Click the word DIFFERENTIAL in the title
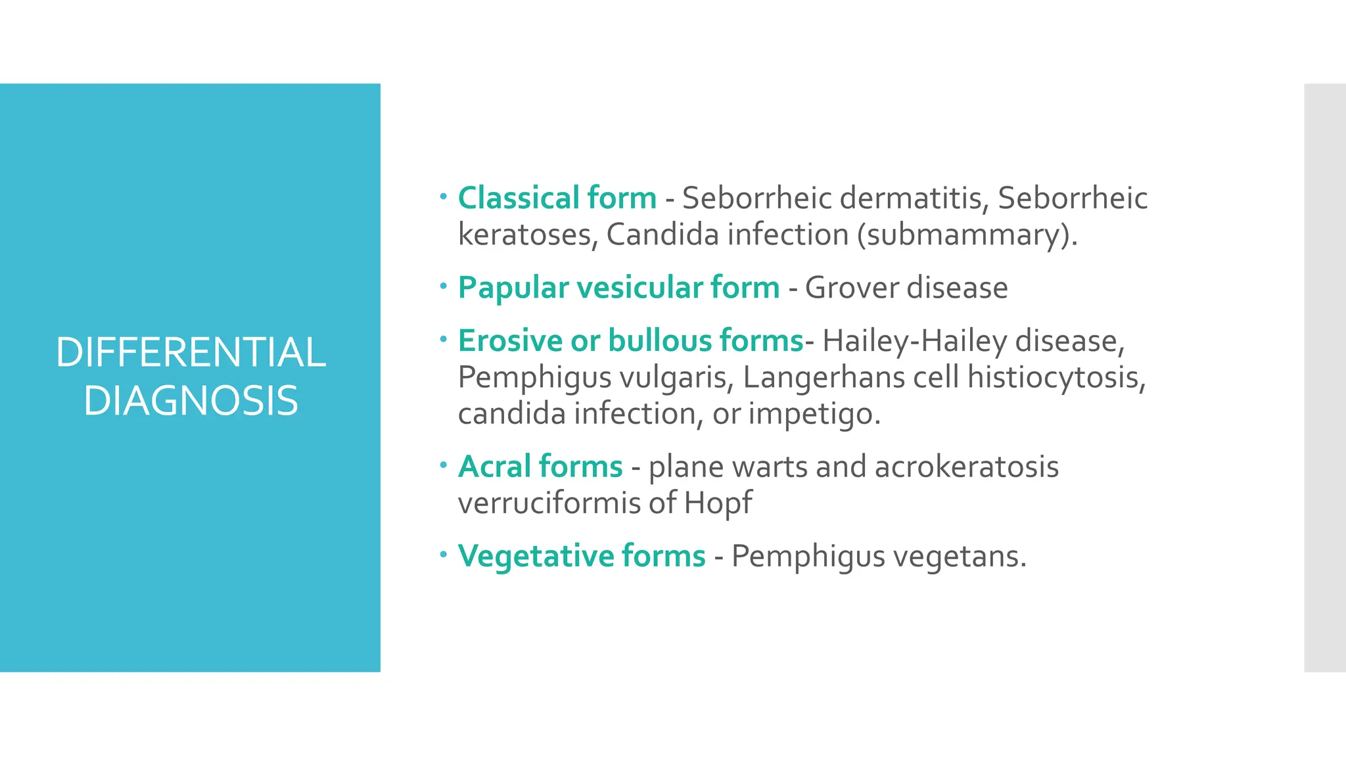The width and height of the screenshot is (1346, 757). [x=191, y=352]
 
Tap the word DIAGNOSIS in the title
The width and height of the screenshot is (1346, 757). [x=191, y=401]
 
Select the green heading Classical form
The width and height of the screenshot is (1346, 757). [x=557, y=198]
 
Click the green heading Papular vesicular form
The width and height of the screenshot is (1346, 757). [x=618, y=287]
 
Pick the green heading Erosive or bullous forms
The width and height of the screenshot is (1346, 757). [x=630, y=340]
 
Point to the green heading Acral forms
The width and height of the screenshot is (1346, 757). [x=540, y=467]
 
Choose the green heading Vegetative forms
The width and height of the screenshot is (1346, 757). [x=582, y=556]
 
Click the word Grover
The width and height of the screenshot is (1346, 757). [x=847, y=287]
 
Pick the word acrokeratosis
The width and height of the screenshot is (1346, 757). [x=967, y=467]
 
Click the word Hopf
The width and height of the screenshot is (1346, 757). [x=718, y=503]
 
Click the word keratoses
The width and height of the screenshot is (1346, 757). [x=528, y=235]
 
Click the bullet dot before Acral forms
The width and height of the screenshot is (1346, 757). [x=444, y=465]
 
